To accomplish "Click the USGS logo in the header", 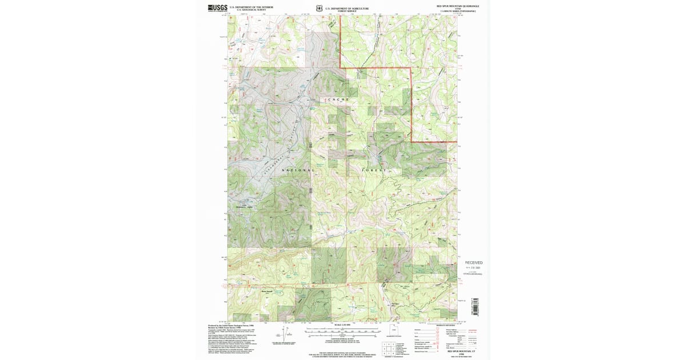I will pos(218,8).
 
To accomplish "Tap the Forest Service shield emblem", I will pos(319,8).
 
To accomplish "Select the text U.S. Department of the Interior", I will pos(252,7).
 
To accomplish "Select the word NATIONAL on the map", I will pos(298,170).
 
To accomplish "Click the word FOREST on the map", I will pos(374,170).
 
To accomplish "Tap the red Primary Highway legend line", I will pos(472,330).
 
